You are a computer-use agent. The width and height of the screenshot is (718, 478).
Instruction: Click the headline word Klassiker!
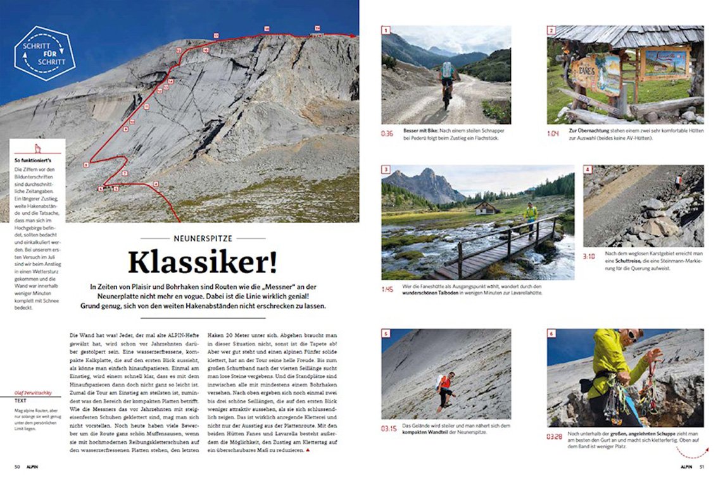(203, 262)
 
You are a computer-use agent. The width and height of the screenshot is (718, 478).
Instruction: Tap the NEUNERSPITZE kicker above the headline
(203, 238)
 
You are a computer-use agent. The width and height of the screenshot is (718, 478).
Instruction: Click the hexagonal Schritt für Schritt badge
(45, 53)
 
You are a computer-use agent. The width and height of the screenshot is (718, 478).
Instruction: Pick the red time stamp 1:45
(387, 290)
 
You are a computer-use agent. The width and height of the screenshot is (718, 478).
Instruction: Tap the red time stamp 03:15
(388, 429)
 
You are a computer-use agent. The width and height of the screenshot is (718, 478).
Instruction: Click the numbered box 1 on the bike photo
(386, 30)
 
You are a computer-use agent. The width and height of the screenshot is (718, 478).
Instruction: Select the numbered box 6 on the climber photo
(551, 333)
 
